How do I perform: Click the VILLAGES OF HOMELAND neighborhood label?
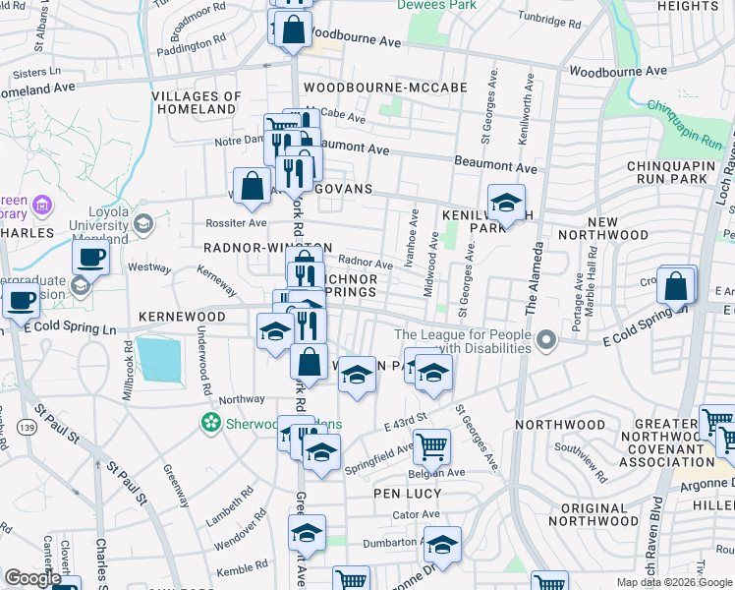[x=198, y=102]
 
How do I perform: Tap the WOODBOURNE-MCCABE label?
[x=385, y=87]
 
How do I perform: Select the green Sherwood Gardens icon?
[x=209, y=424]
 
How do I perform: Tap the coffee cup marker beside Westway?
[x=91, y=258]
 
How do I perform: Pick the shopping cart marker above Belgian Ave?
[x=431, y=446]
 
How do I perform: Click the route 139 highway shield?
[x=32, y=427]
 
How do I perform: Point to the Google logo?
[x=32, y=578]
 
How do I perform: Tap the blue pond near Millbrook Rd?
[x=159, y=359]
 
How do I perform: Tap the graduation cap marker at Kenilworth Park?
[x=506, y=204]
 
